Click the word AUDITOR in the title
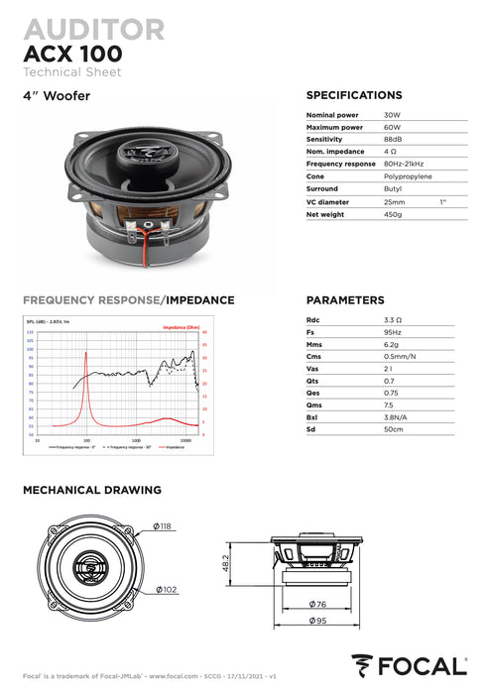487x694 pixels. [x=93, y=28]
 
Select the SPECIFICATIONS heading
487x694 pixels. [x=354, y=95]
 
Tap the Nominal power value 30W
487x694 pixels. [x=392, y=115]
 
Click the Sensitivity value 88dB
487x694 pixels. [x=393, y=140]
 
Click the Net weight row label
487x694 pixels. [x=325, y=213]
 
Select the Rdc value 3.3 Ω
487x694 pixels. [x=393, y=320]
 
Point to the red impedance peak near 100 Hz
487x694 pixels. [x=87, y=355]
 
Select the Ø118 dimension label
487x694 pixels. [x=161, y=525]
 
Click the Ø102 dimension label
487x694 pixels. [x=166, y=591]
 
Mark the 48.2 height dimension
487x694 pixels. [x=226, y=562]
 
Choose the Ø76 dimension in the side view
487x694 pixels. [x=316, y=603]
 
